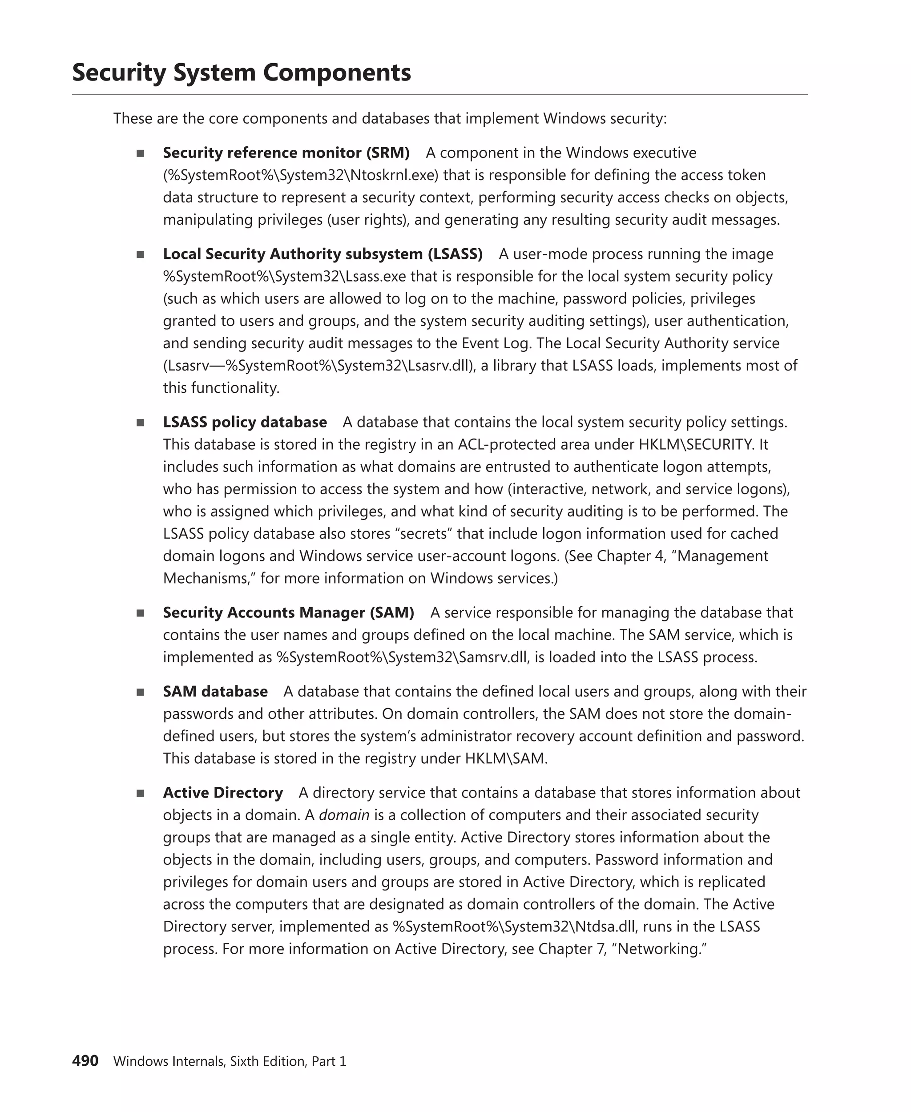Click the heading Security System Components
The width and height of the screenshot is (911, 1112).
coord(242,73)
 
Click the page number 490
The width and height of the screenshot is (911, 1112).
coord(85,1060)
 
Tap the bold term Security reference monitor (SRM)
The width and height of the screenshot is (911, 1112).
coord(286,153)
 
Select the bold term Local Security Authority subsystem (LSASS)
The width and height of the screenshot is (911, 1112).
coord(323,254)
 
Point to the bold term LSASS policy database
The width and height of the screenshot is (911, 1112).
coord(245,422)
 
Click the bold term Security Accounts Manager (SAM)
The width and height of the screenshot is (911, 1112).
coord(288,612)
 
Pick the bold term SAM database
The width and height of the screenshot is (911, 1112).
coord(215,691)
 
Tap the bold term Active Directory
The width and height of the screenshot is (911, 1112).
coord(222,793)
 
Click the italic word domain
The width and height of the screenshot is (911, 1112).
coord(344,815)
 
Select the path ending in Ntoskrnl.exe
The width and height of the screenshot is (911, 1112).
coord(301,175)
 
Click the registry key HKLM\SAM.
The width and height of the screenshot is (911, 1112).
coord(505,758)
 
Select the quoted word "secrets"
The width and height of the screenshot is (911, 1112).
coord(423,534)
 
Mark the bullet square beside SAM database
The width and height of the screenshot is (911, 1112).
coord(140,692)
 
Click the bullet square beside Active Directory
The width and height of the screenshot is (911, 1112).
coord(140,794)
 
